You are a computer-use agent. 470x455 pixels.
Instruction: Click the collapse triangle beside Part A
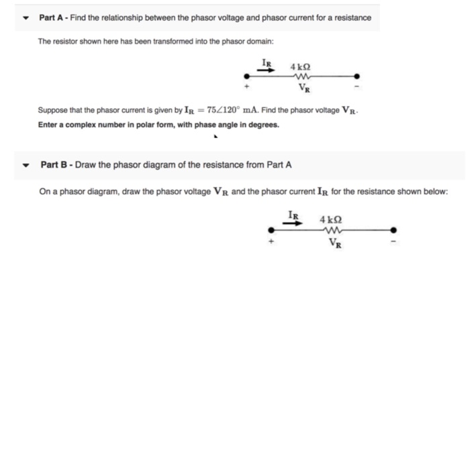(26, 17)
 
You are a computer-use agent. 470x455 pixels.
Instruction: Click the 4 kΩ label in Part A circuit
(299, 67)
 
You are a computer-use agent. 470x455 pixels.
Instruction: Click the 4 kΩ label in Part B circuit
(331, 219)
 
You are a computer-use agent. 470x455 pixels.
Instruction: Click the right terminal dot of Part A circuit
(357, 76)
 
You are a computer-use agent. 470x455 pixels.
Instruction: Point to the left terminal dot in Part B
(271, 230)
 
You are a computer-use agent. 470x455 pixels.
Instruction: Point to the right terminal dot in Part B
(393, 230)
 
